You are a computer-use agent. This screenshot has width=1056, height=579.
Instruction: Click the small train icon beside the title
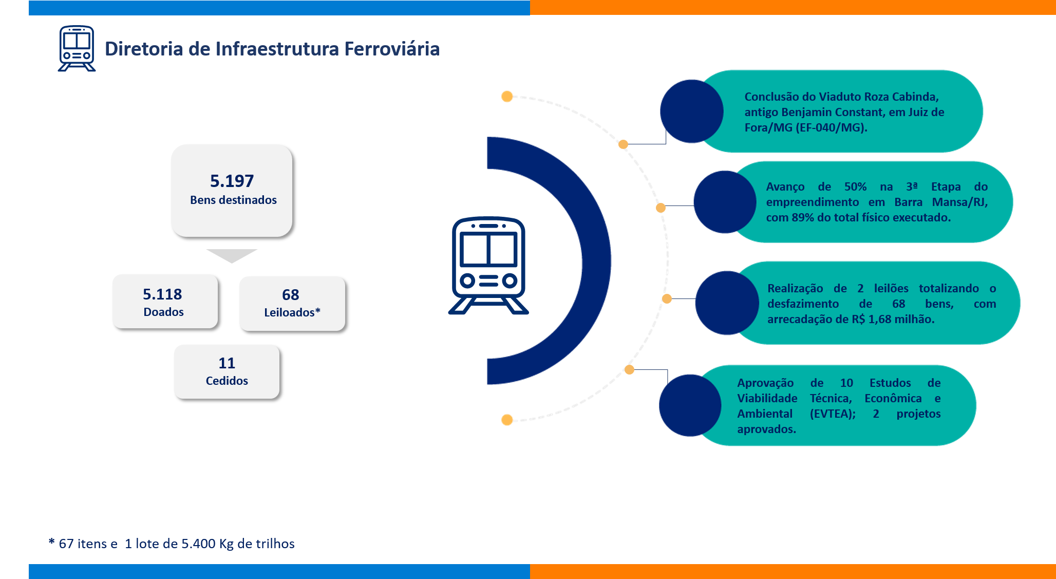77,48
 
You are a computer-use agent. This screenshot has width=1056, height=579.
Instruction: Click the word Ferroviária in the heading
391,49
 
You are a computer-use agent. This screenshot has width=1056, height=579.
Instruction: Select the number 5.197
232,181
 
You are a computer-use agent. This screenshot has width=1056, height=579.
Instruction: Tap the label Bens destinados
233,200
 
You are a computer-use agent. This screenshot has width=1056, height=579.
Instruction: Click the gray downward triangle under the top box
232,255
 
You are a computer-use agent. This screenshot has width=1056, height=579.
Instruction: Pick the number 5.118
162,294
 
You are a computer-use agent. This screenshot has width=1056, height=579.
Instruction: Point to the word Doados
163,312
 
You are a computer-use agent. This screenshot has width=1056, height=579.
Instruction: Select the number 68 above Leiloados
290,295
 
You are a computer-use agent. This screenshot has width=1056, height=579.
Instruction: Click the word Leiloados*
292,312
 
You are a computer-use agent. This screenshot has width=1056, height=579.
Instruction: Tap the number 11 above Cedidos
227,363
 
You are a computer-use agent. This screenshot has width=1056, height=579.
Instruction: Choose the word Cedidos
227,381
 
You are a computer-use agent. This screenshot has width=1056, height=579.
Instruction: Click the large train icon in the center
488,265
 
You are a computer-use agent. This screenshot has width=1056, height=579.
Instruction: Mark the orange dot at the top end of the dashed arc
507,97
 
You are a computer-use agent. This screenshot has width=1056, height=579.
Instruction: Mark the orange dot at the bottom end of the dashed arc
507,420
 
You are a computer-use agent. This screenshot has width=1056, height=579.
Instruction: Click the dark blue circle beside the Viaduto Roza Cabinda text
691,111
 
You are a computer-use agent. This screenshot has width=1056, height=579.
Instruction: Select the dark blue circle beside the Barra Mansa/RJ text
724,202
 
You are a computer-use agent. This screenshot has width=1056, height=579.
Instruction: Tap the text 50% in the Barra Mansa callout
855,186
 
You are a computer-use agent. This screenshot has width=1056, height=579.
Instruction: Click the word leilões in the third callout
891,288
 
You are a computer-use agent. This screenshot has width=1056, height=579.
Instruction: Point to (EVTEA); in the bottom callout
833,414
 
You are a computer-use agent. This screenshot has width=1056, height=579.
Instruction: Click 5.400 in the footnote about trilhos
198,544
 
